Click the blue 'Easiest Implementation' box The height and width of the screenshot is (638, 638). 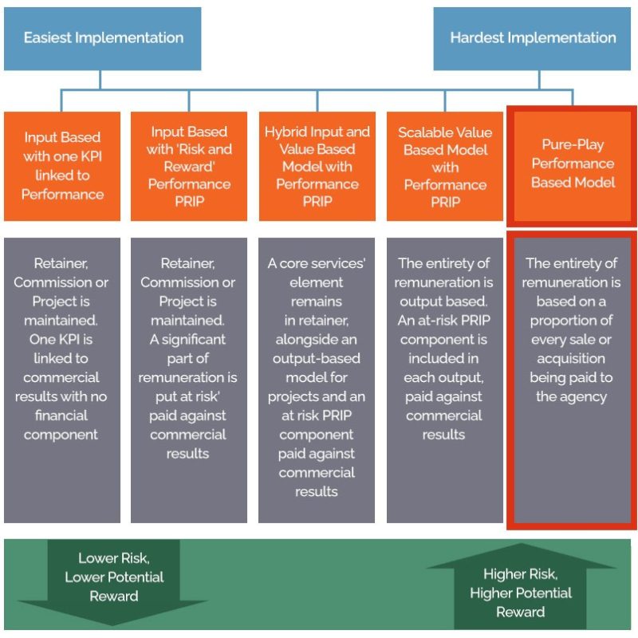(x=103, y=38)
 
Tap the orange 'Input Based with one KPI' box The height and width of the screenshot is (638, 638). (x=62, y=166)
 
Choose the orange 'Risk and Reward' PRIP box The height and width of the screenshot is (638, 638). (x=189, y=166)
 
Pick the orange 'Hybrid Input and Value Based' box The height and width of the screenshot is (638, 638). (x=317, y=166)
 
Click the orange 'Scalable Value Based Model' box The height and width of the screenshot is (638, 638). (x=445, y=166)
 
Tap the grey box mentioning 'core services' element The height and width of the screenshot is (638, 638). (x=317, y=380)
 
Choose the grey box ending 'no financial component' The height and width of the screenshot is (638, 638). (x=62, y=380)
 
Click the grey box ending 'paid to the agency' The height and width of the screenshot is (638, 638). (x=573, y=380)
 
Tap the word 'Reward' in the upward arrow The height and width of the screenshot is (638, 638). (x=521, y=612)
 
